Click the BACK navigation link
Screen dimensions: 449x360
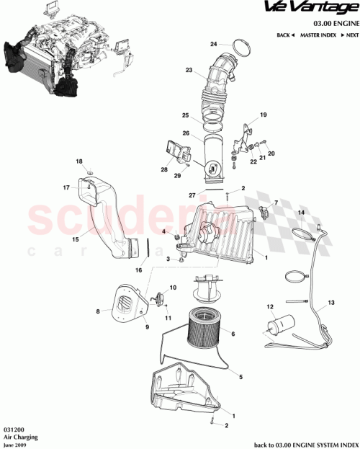[285, 35]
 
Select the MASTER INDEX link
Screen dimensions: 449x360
[320, 35]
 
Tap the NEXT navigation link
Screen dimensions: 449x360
[349, 35]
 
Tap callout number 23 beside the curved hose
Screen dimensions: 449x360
[189, 71]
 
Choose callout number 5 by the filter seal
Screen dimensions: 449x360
[240, 376]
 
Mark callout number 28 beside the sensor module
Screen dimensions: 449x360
[164, 170]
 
